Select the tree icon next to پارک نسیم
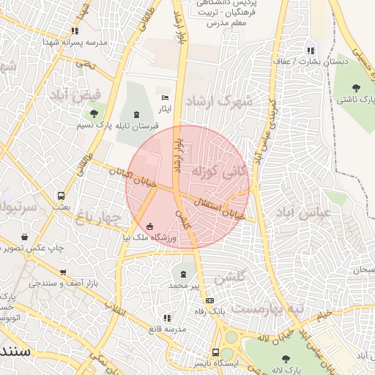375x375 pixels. tap(93, 114)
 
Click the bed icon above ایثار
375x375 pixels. tap(165, 97)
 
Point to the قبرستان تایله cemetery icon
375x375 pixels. tap(137, 114)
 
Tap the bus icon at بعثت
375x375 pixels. tap(61, 196)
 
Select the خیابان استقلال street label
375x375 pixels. tap(218, 208)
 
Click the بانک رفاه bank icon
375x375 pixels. tap(210, 300)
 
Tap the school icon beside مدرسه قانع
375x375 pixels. tap(168, 318)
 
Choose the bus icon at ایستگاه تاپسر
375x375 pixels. tap(215, 352)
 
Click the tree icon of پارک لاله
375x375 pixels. tap(286, 359)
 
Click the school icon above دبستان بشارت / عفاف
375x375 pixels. tap(311, 51)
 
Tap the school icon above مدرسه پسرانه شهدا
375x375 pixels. tap(75, 31)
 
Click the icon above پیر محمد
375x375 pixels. tap(181, 274)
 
